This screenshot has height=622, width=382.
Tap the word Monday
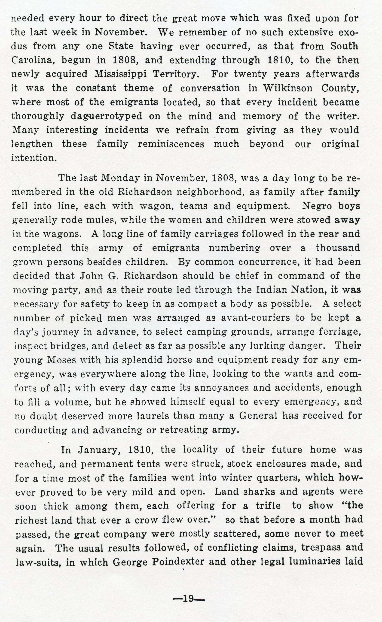pyautogui.click(x=120, y=178)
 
